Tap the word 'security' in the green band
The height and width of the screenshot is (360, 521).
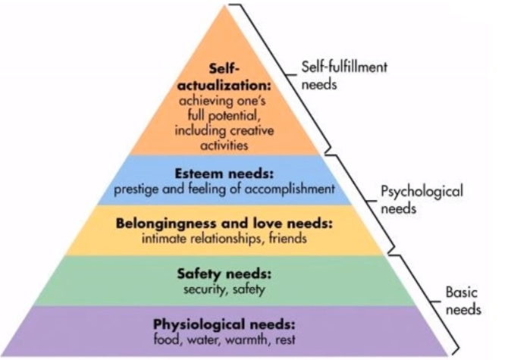tap(199, 289)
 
